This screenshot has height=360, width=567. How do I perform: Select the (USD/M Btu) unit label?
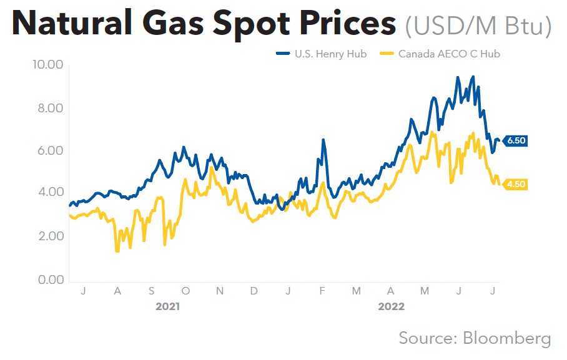[478, 26]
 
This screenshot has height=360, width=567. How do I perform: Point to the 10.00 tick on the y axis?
[47, 65]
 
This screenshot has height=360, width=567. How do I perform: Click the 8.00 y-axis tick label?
[49, 108]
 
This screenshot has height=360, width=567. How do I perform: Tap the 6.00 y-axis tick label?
[49, 151]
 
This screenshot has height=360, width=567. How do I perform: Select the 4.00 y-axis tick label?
[49, 193]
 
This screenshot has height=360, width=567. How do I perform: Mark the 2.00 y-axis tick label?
[49, 236]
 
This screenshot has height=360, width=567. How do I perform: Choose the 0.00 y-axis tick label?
[49, 280]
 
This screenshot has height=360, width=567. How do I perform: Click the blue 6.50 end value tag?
[516, 141]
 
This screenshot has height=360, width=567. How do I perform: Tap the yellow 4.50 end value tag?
[516, 184]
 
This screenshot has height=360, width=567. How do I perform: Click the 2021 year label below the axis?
[169, 307]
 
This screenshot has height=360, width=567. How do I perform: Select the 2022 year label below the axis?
[391, 307]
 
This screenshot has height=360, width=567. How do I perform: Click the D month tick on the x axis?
[254, 291]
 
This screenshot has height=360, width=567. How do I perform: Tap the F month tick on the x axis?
[322, 291]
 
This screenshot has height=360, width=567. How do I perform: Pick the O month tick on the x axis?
[185, 291]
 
